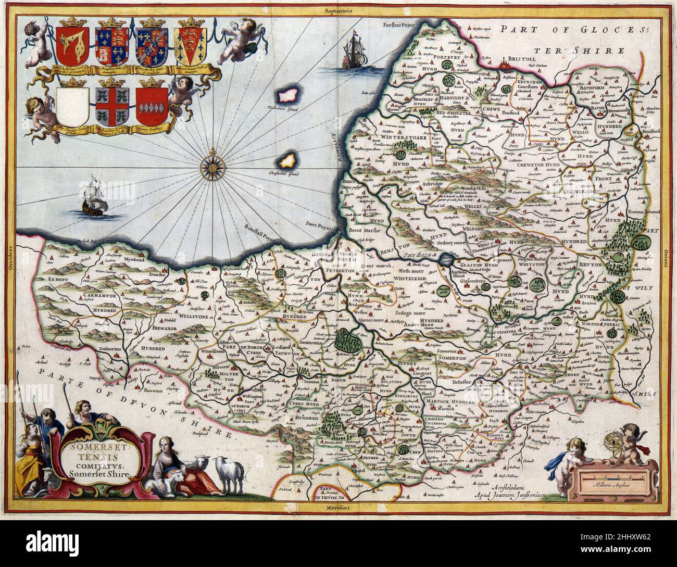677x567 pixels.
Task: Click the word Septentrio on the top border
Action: coord(338,10)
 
